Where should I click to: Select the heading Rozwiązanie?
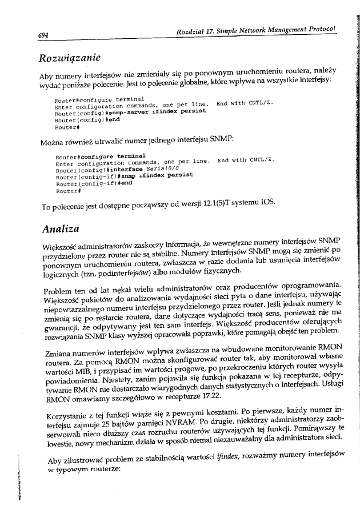(69, 58)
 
